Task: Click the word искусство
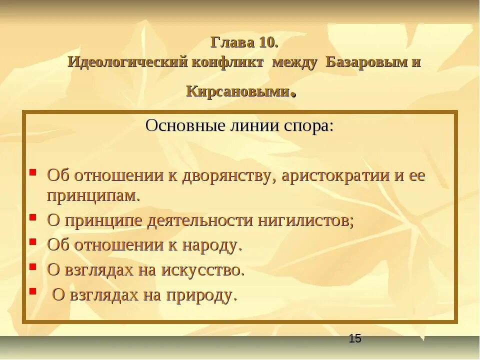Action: pyautogui.click(x=202, y=270)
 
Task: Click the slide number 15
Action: pyautogui.click(x=355, y=338)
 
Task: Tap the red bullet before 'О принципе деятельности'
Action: pyautogui.click(x=32, y=217)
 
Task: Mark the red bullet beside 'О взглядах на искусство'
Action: pyautogui.click(x=32, y=267)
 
